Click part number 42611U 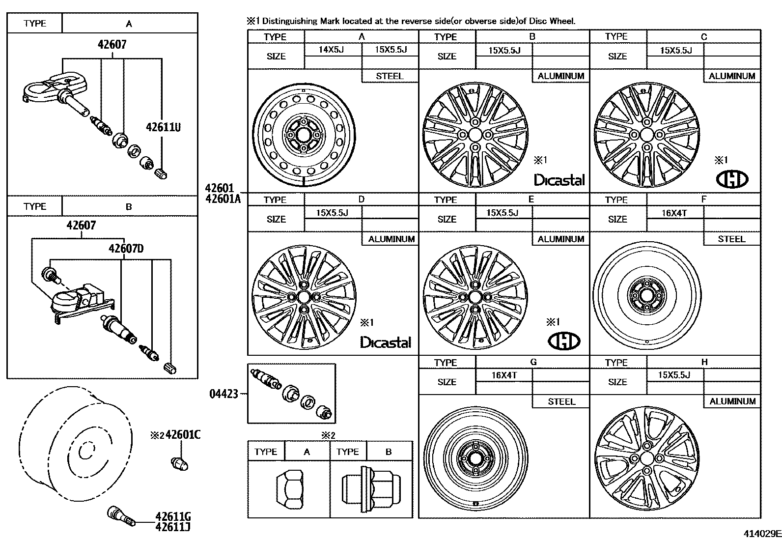coord(163,127)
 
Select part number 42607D coord(126,249)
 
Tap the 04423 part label coord(223,394)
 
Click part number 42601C coord(183,435)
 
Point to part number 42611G coord(173,516)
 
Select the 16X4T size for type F coord(674,212)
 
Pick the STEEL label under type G coord(561,401)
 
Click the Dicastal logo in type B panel coord(559,180)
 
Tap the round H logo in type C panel coord(732,179)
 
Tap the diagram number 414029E coord(761,534)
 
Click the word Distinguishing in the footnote coord(289,21)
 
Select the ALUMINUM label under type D coord(391,239)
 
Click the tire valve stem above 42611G coord(121,514)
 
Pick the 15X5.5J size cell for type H coord(674,375)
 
